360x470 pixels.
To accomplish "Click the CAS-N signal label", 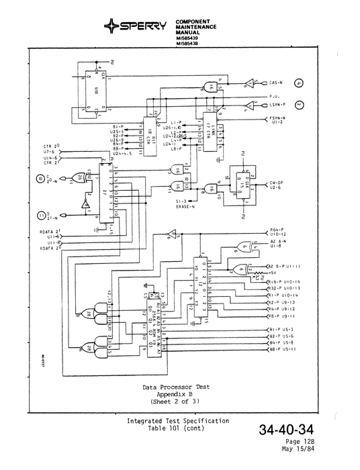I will click(x=276, y=83).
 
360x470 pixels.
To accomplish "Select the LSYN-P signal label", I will click(x=278, y=105).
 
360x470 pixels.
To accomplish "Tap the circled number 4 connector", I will click(x=300, y=83).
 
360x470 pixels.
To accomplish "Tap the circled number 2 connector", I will click(x=300, y=105).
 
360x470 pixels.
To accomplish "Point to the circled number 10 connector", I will click(x=42, y=179).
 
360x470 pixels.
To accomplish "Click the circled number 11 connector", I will click(x=42, y=216).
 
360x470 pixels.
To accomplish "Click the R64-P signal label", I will click(x=277, y=229).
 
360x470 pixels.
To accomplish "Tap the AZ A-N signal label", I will click(x=277, y=240).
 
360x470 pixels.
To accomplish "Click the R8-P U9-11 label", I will click(x=283, y=315).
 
